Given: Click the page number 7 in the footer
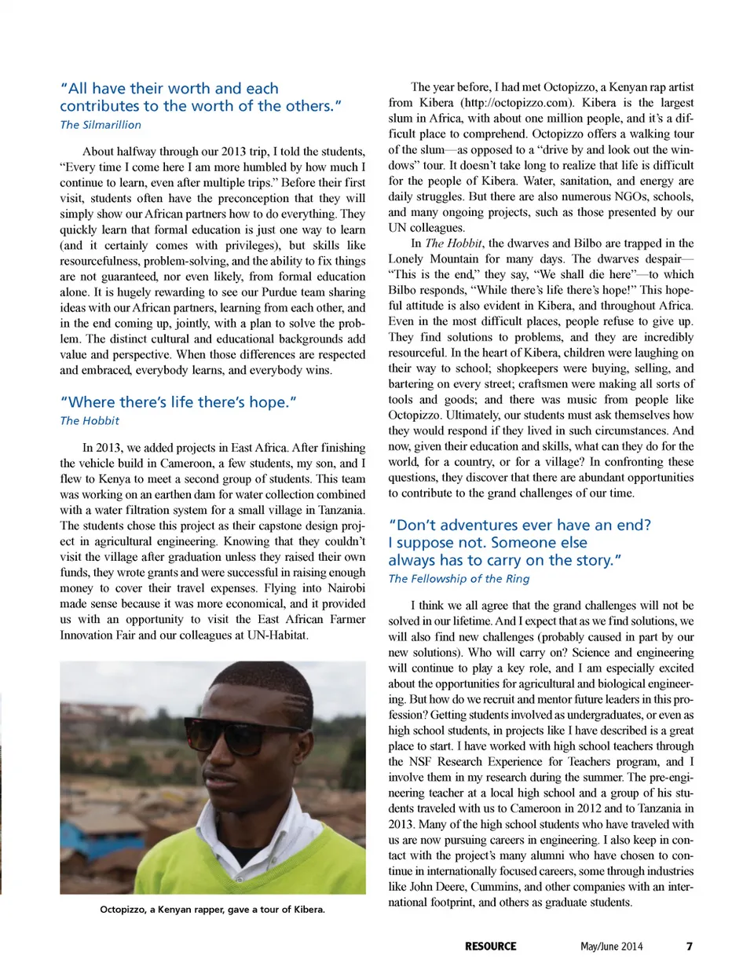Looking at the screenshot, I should [x=689, y=946].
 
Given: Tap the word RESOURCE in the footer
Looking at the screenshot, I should [x=490, y=946].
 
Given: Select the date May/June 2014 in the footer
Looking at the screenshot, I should [x=611, y=946].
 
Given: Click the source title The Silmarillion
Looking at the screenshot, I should [x=101, y=124].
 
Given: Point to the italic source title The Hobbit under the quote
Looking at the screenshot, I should [x=90, y=420].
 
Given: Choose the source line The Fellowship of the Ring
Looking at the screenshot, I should [x=459, y=578].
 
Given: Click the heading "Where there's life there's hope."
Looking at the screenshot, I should [x=178, y=401].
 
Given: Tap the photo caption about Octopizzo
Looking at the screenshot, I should [x=212, y=909].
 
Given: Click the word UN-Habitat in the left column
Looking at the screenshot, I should [x=276, y=635].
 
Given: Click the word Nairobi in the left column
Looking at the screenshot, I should [x=346, y=588].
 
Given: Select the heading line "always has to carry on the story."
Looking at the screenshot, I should [x=504, y=560].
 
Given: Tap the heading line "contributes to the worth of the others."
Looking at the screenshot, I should [x=201, y=106].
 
